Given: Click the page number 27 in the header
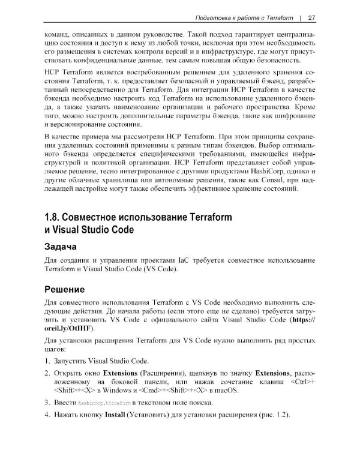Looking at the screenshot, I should point(320,16).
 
